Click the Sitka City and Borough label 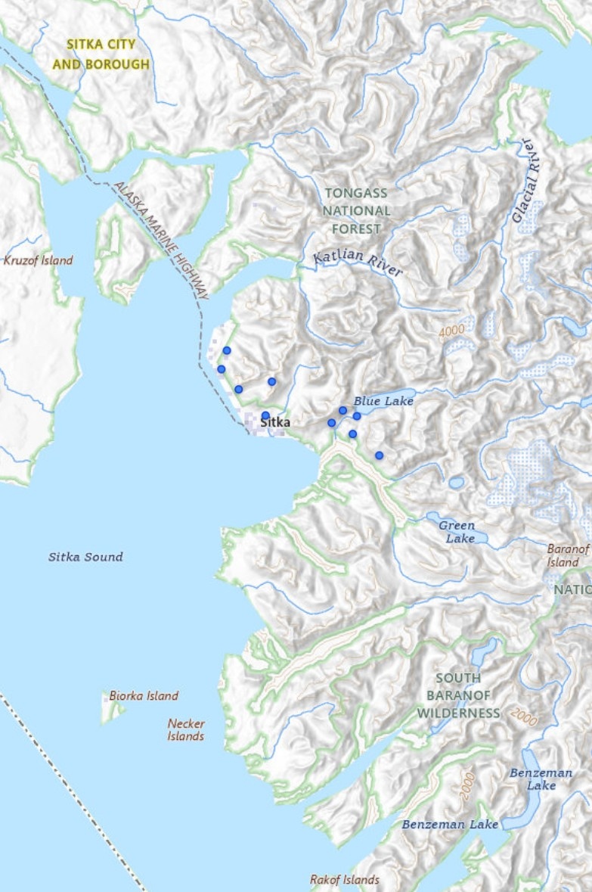pyautogui.click(x=101, y=54)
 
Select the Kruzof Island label pyautogui.click(x=39, y=260)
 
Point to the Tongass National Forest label pyautogui.click(x=357, y=211)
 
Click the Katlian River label pyautogui.click(x=358, y=266)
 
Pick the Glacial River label pyautogui.click(x=527, y=181)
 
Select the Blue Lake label pyautogui.click(x=383, y=401)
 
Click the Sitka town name pyautogui.click(x=275, y=423)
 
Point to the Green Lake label pyautogui.click(x=457, y=531)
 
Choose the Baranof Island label pyautogui.click(x=567, y=555)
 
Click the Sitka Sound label pyautogui.click(x=85, y=557)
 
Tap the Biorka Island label pyautogui.click(x=144, y=696)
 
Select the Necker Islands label pyautogui.click(x=186, y=729)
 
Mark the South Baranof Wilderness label pyautogui.click(x=458, y=695)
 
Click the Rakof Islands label pyautogui.click(x=345, y=880)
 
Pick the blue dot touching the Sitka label pyautogui.click(x=265, y=415)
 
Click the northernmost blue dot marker pyautogui.click(x=226, y=350)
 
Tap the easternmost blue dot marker pyautogui.click(x=379, y=455)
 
